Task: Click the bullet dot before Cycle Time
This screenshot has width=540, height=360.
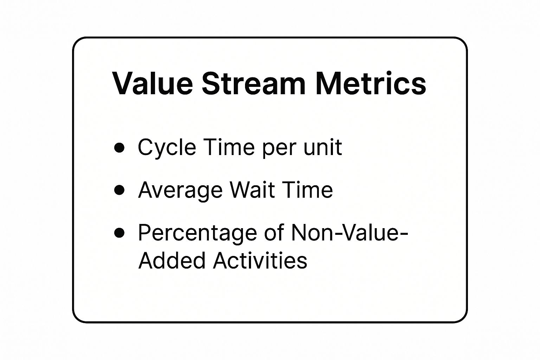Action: click(x=120, y=148)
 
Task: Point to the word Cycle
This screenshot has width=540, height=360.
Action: click(x=167, y=148)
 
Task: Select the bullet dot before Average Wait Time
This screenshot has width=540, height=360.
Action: click(x=120, y=190)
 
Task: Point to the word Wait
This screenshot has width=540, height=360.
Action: click(x=251, y=190)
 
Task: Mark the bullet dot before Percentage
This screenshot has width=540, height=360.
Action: click(x=120, y=233)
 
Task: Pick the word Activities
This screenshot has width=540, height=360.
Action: click(x=260, y=261)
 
